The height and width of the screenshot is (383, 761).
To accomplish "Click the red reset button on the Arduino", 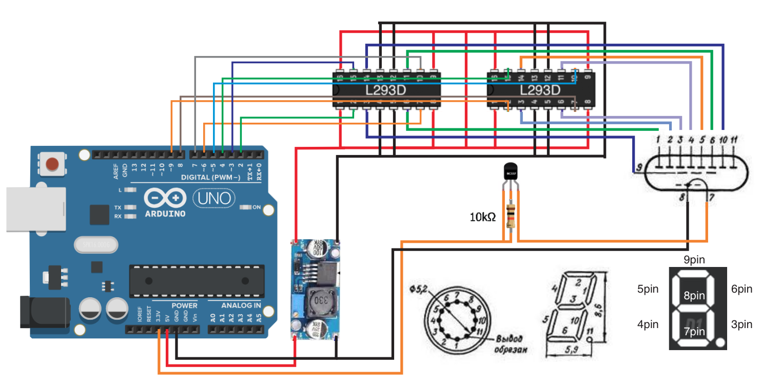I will point(52,164).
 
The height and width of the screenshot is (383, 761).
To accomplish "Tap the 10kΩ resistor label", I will point(482,217).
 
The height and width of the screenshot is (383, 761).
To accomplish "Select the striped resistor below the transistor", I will point(511,216).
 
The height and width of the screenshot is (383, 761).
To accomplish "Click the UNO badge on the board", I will point(214,198).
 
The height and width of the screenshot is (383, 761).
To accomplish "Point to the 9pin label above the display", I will point(694,260).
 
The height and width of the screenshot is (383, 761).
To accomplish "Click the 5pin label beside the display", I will point(648,290).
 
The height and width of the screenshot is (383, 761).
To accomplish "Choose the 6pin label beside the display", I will point(742,290).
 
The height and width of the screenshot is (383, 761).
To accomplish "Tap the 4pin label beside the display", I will point(648,324).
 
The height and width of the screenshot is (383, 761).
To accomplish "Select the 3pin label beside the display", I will point(742,324).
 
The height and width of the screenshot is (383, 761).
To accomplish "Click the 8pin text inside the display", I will point(694,296).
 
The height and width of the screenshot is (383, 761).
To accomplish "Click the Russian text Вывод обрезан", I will point(512,344).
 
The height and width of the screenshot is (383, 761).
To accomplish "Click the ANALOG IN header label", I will point(241,305).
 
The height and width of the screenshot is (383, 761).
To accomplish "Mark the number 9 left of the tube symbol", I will point(639,167).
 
